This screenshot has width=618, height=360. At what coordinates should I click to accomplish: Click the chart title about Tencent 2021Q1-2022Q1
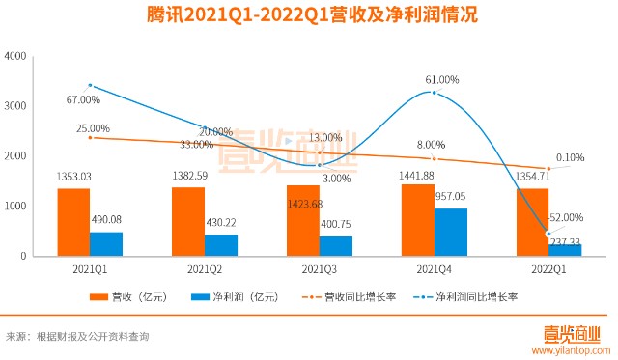tap(308, 16)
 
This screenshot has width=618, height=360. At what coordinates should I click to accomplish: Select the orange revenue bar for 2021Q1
tap(73, 222)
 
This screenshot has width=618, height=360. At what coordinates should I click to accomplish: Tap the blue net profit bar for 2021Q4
tap(450, 232)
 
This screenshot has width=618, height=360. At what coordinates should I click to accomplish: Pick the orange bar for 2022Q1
tap(531, 222)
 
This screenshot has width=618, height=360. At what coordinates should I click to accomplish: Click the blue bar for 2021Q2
tap(221, 245)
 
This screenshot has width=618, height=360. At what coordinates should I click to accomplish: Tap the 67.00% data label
tap(84, 99)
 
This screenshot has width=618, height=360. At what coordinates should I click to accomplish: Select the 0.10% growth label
tap(571, 157)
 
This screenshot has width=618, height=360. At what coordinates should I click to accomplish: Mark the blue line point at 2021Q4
tap(435, 93)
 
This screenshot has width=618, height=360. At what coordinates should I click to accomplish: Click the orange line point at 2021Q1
tap(90, 137)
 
